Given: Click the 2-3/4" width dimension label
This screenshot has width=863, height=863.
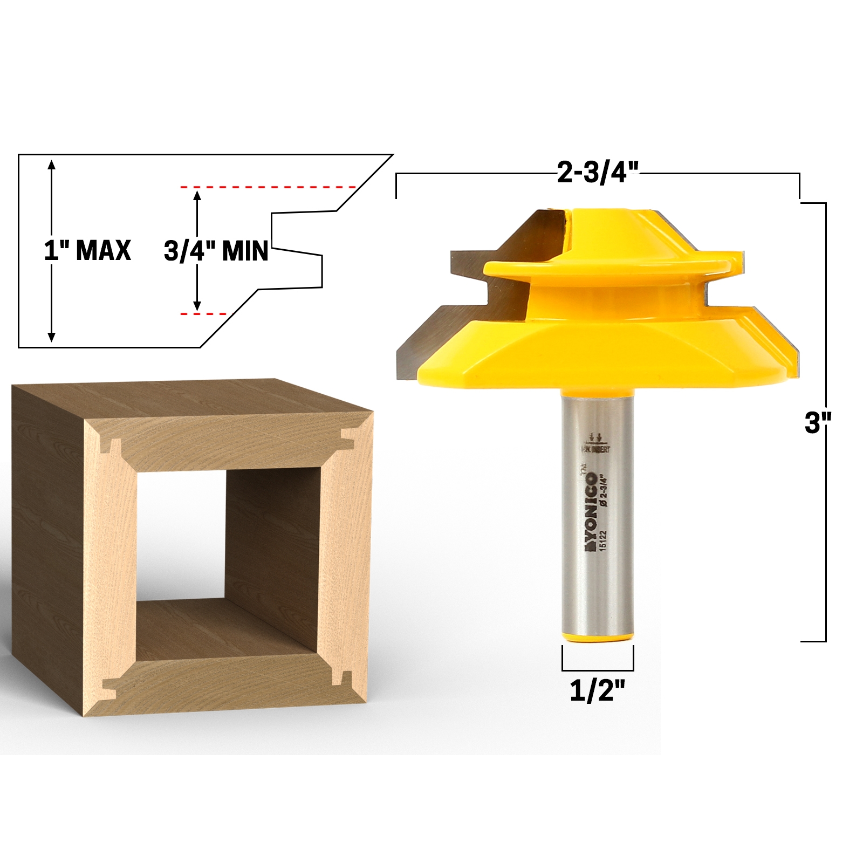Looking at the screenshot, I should (x=598, y=173).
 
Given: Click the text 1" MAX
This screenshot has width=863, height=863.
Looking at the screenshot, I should (x=87, y=250).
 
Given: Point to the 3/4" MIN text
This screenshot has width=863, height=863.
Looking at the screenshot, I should (x=216, y=251).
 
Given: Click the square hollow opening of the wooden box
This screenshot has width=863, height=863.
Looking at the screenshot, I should (x=181, y=534).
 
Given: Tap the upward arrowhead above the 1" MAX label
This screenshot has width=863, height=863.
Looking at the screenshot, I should (x=52, y=165).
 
